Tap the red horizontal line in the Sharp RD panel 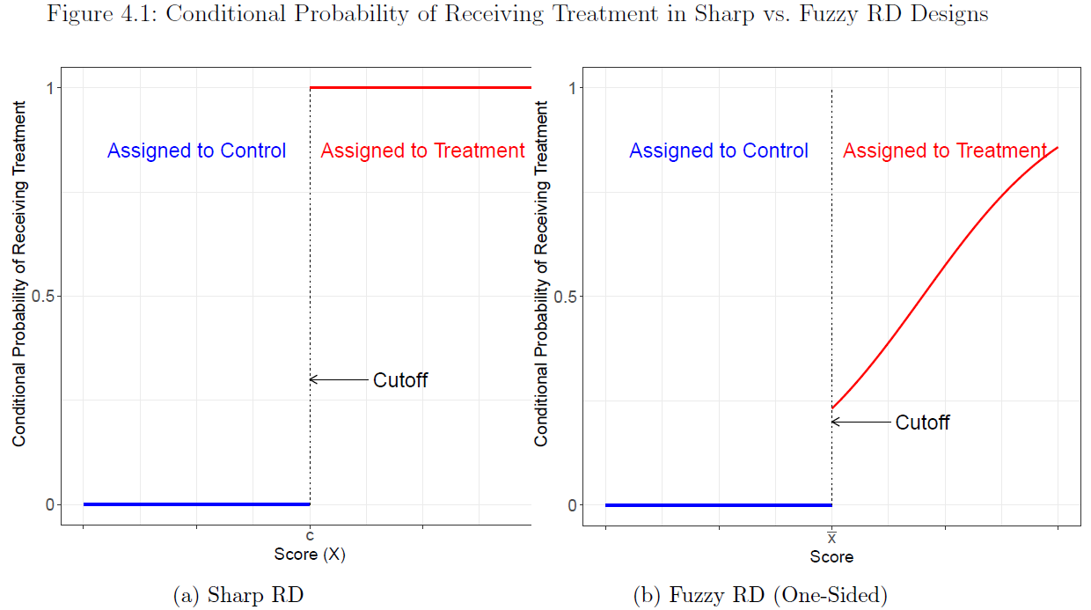[x=421, y=87]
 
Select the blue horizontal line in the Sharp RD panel [x=196, y=504]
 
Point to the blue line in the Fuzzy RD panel [x=718, y=505]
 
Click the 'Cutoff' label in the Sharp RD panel [x=400, y=380]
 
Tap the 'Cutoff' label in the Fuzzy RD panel [x=922, y=423]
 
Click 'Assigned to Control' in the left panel [x=196, y=151]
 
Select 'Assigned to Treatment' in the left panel [x=422, y=151]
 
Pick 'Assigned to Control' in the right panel [x=718, y=151]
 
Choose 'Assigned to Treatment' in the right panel [x=944, y=151]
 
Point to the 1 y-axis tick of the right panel [x=572, y=87]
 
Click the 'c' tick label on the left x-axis [x=310, y=536]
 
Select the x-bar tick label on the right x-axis [x=831, y=537]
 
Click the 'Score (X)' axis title [x=310, y=555]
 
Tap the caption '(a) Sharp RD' [x=238, y=595]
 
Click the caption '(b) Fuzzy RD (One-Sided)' [x=760, y=595]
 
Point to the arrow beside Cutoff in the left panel [x=339, y=379]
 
